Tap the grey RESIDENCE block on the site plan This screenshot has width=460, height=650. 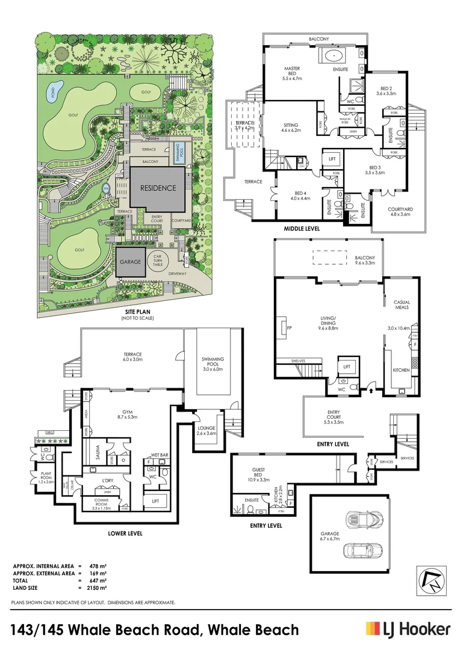coord(158,188)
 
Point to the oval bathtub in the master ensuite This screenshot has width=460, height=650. coord(333,57)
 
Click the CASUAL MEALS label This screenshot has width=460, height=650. coord(402,306)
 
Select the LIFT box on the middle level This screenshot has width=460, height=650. coord(332,159)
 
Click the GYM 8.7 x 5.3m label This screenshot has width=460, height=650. coord(127,413)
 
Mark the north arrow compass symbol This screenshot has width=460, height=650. coord(432,581)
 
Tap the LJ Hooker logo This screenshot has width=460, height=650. coord(408,629)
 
